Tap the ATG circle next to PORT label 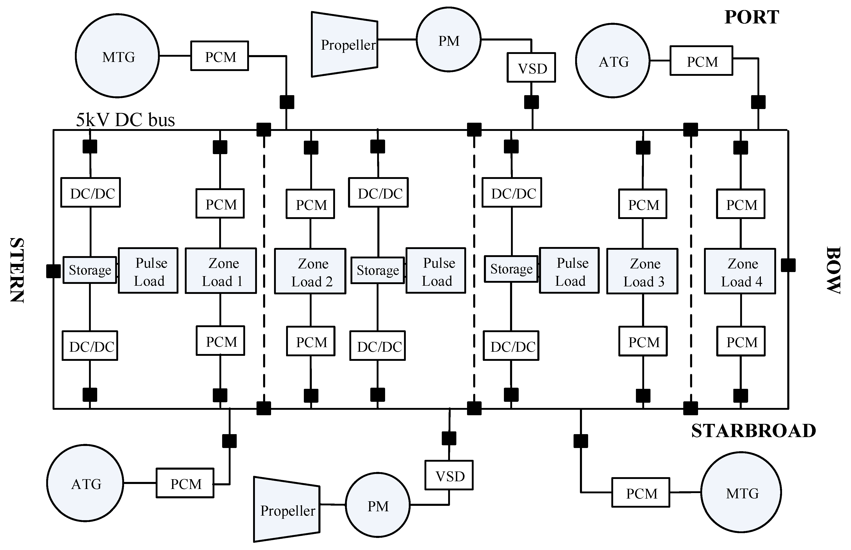612,61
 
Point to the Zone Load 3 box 642,271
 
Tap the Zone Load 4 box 740,271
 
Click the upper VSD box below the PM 531,68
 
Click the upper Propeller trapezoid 344,45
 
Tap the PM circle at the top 448,40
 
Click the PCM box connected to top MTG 220,56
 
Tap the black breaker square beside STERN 53,271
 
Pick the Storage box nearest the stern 90,270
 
